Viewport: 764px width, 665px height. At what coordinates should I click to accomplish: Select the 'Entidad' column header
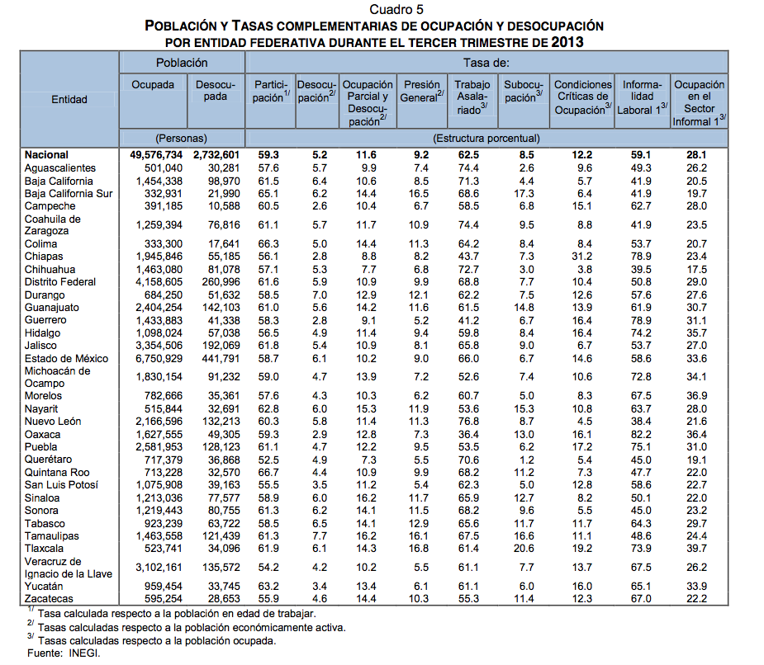pos(69,99)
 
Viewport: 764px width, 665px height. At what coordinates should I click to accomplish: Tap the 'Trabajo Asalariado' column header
pos(472,97)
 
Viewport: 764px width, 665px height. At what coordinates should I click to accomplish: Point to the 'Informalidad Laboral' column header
pos(642,97)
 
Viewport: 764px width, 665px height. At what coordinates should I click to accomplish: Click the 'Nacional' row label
pos(46,155)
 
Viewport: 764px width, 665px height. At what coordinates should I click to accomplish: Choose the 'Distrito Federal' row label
pos(60,282)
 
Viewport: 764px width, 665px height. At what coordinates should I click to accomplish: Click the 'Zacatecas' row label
pos(49,599)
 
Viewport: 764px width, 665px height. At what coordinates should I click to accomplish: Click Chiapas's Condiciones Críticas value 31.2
pos(582,257)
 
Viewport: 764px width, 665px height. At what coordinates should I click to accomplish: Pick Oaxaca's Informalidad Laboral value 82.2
pos(642,435)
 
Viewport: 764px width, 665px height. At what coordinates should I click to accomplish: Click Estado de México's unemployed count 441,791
pos(216,359)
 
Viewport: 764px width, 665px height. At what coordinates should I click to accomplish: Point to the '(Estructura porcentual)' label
pos(486,139)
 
